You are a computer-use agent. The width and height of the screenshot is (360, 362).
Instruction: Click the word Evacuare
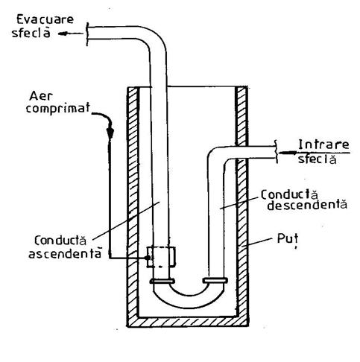(45, 19)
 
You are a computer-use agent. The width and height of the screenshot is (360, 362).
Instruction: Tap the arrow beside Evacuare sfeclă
(71, 34)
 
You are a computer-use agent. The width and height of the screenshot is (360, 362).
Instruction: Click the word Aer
(41, 96)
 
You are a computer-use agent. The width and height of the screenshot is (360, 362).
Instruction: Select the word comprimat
(58, 108)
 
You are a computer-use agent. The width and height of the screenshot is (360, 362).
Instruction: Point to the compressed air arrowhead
(110, 133)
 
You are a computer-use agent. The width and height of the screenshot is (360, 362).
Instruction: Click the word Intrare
(323, 145)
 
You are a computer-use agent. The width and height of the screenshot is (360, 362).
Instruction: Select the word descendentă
(307, 205)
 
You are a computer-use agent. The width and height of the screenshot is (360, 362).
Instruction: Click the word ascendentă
(65, 254)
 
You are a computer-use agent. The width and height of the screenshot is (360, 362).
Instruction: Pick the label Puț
(288, 239)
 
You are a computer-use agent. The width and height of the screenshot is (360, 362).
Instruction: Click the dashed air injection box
(161, 257)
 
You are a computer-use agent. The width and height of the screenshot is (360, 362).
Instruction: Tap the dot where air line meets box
(148, 258)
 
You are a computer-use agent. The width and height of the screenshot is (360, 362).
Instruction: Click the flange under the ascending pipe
(162, 281)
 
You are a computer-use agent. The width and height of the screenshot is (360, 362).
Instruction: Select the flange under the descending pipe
(215, 281)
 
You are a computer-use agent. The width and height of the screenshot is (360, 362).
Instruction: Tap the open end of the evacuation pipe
(87, 34)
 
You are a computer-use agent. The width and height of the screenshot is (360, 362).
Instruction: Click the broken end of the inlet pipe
(276, 151)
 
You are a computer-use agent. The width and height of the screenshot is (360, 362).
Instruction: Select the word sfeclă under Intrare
(318, 159)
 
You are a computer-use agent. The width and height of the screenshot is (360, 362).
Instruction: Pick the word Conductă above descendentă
(289, 194)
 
